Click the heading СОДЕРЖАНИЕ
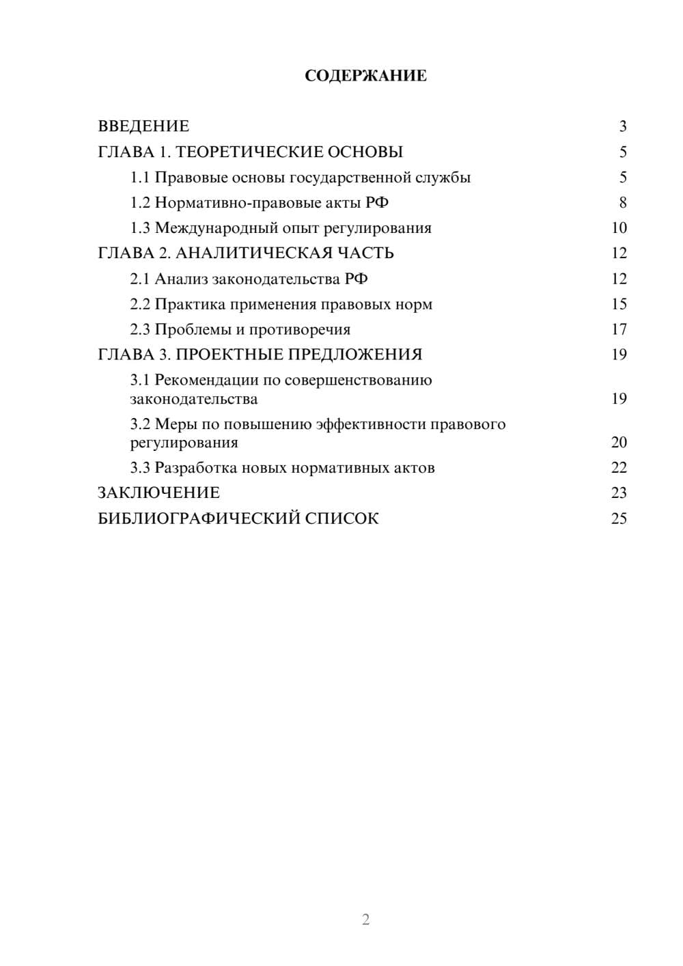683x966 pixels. pos(365,76)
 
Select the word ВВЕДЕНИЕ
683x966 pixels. pos(143,126)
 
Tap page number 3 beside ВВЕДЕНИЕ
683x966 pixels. pos(622,126)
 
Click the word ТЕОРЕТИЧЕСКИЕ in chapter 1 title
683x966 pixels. pos(244,152)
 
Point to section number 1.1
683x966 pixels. pos(139,178)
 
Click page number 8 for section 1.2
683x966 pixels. pos(622,203)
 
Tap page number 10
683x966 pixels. pos(619,228)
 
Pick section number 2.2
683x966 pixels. pos(139,304)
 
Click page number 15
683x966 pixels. pos(619,304)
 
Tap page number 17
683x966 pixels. pos(619,329)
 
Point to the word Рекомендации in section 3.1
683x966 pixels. pos(207,380)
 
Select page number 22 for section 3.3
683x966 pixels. pos(619,468)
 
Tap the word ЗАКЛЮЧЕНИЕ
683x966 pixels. pos(158,493)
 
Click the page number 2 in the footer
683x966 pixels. pos(365,920)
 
